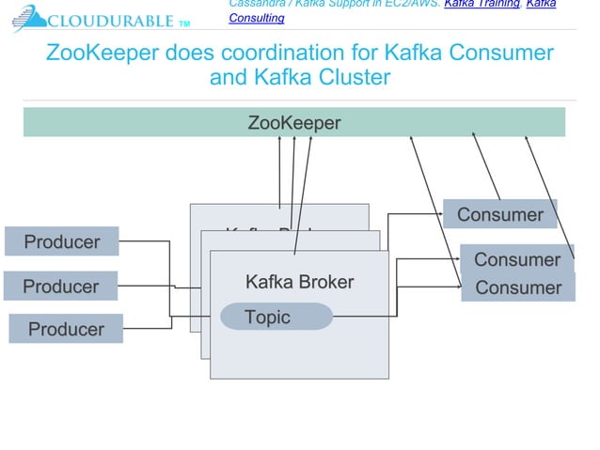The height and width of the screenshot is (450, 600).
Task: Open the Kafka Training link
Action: coord(481,4)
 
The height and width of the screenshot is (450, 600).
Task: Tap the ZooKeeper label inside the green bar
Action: coord(293,122)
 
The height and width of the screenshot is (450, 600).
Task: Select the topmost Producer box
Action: coord(62,241)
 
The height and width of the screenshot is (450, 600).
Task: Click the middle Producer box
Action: coord(60,286)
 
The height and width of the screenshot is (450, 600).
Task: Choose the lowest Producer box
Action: coord(66,329)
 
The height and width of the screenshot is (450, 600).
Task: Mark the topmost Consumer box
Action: coord(499,214)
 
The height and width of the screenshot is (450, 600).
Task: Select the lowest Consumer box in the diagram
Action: coord(517,287)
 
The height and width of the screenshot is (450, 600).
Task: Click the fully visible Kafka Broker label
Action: coord(299,282)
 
